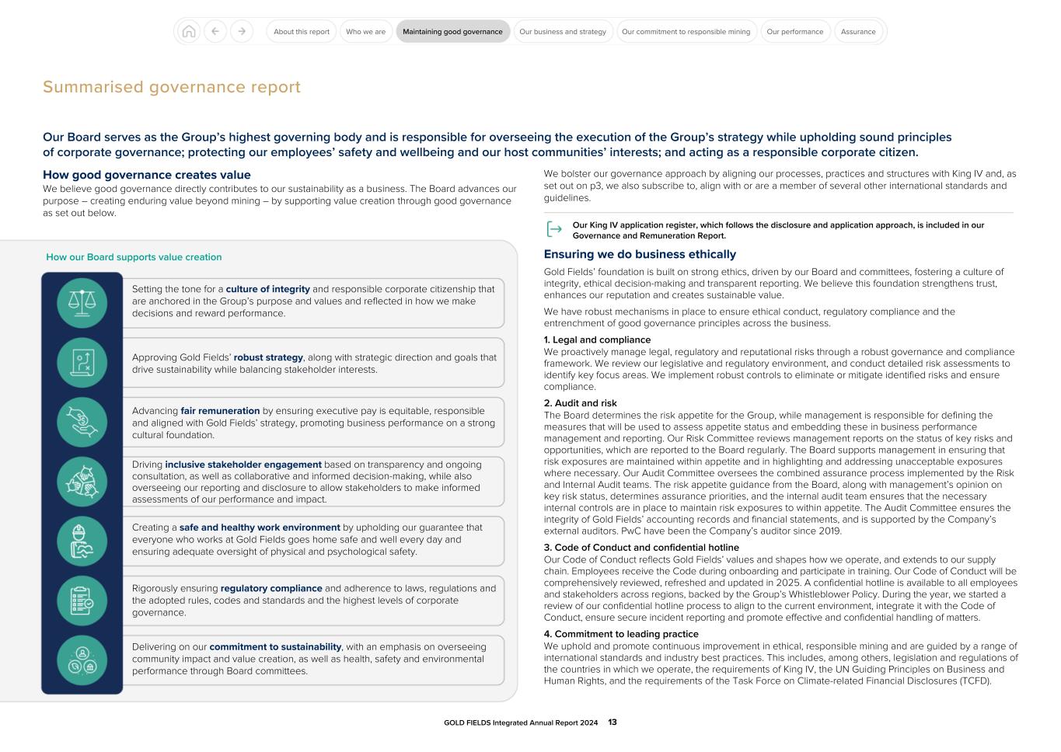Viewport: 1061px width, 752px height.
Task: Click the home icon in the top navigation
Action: point(188,32)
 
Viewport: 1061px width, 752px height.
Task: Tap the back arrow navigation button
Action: point(215,32)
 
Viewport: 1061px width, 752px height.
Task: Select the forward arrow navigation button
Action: point(242,32)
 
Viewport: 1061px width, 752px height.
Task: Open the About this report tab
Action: point(302,32)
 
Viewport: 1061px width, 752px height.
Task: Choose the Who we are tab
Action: point(365,32)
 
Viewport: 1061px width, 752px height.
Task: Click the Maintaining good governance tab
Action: point(452,32)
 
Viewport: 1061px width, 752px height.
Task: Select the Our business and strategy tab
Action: point(563,32)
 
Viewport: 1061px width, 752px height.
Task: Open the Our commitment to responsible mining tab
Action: point(686,32)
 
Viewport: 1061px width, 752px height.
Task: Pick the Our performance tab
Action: point(794,32)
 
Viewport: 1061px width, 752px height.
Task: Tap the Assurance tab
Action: point(858,32)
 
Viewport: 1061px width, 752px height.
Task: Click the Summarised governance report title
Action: point(171,87)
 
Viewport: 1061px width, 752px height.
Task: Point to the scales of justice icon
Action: point(82,302)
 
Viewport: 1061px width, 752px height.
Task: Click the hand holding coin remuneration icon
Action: point(82,422)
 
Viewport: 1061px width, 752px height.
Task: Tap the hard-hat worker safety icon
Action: point(82,541)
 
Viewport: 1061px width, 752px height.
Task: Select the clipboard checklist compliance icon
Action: point(82,601)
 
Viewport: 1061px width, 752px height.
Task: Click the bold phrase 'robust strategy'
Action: point(268,358)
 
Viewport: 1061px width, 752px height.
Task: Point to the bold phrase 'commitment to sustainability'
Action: point(275,647)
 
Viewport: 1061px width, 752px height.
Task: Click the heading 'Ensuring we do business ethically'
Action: point(640,255)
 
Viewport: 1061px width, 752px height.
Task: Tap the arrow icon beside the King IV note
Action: point(554,229)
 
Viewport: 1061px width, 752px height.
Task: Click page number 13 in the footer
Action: point(613,722)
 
